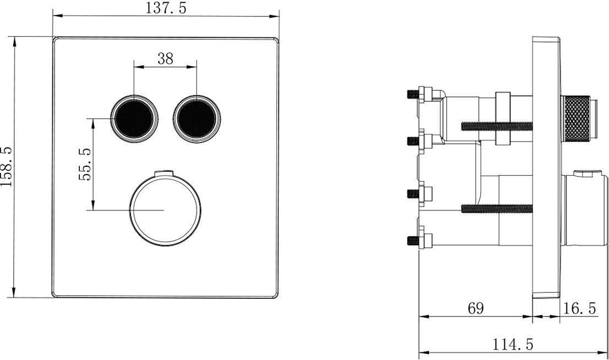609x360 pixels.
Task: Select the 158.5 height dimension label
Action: click(7, 167)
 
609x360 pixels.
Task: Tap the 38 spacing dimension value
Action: click(165, 59)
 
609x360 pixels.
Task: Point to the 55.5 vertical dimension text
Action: click(85, 164)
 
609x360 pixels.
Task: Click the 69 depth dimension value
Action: click(475, 308)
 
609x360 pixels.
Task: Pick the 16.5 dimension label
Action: click(579, 308)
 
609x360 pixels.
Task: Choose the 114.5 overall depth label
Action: click(513, 344)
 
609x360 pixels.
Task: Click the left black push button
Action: click(134, 118)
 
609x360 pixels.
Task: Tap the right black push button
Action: click(197, 118)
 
